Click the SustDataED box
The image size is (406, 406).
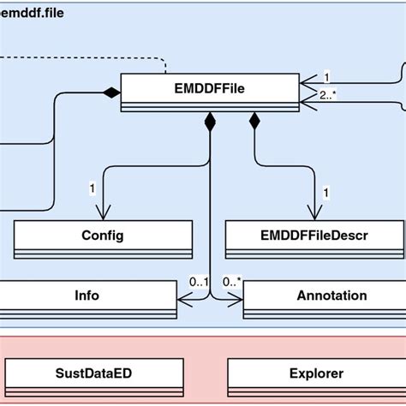(x=93, y=373)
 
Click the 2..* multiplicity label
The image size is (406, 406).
(x=326, y=94)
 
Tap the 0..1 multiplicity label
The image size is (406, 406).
(x=198, y=281)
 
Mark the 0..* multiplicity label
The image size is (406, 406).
(x=231, y=281)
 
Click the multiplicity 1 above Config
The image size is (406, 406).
(x=92, y=187)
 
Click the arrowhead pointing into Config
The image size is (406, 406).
(x=103, y=214)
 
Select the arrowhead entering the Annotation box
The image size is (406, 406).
(x=237, y=300)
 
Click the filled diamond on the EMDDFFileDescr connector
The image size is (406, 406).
(x=254, y=122)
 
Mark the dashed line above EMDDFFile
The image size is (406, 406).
(x=86, y=59)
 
